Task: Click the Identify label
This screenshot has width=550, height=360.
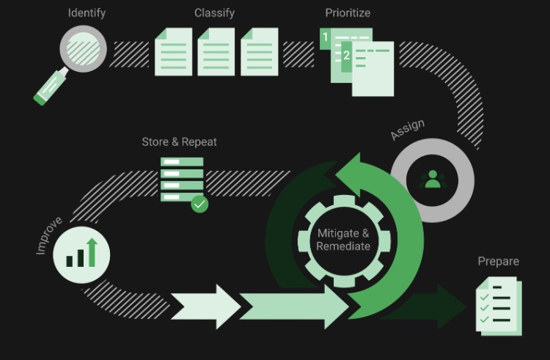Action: [x=87, y=13]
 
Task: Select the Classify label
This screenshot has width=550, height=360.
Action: [x=214, y=13]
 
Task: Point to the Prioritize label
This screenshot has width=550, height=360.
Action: [x=348, y=13]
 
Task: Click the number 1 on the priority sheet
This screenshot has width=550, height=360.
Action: [x=326, y=36]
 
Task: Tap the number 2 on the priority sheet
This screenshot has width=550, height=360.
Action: [x=347, y=55]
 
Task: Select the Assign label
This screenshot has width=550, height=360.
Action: [x=407, y=130]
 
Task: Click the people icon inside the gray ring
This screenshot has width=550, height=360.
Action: [x=433, y=178]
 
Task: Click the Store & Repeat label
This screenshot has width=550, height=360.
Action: [x=179, y=142]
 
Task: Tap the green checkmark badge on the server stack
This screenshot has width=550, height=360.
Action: [x=199, y=203]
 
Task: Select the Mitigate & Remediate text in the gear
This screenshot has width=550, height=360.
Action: [x=343, y=240]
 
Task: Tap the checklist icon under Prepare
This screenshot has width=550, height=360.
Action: [x=499, y=305]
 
